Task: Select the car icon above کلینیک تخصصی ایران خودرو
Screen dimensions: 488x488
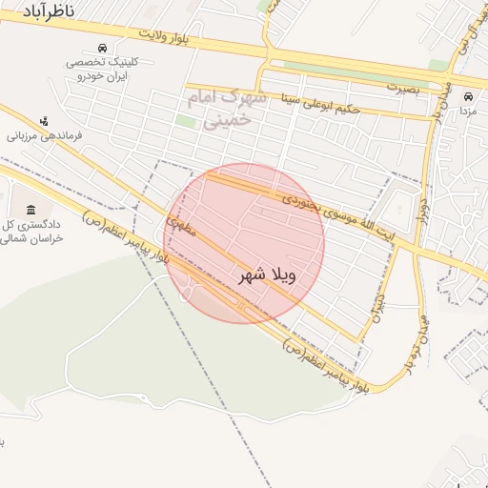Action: click(102, 48)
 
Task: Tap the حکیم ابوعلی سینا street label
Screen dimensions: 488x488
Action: click(320, 102)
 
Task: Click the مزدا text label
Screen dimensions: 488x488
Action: click(467, 112)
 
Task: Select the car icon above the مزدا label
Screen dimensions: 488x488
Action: click(467, 96)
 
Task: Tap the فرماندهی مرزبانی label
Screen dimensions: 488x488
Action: click(45, 136)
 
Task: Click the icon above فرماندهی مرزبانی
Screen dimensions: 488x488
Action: click(44, 121)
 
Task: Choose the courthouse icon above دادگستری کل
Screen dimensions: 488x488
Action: click(31, 209)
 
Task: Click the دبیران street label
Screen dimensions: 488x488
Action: click(380, 305)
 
